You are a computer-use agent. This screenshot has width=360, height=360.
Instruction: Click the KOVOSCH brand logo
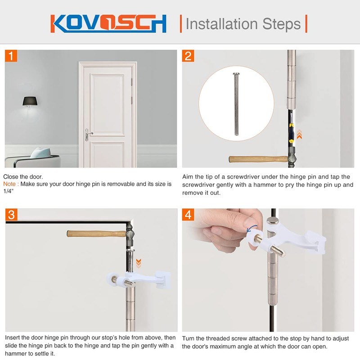[108, 23]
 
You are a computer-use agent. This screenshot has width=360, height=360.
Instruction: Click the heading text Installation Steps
[243, 23]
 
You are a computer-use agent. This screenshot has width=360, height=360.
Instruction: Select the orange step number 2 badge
[189, 56]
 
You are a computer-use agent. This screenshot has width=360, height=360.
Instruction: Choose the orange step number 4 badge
[189, 215]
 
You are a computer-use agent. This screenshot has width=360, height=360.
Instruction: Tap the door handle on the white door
[89, 133]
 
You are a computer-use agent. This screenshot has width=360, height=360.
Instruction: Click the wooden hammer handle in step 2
[254, 159]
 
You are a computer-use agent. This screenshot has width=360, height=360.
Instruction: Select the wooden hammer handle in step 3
[94, 234]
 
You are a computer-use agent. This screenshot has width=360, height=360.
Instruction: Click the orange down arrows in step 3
[139, 262]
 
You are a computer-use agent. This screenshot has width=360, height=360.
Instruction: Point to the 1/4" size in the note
[9, 191]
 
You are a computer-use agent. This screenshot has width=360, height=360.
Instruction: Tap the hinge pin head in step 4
[272, 221]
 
